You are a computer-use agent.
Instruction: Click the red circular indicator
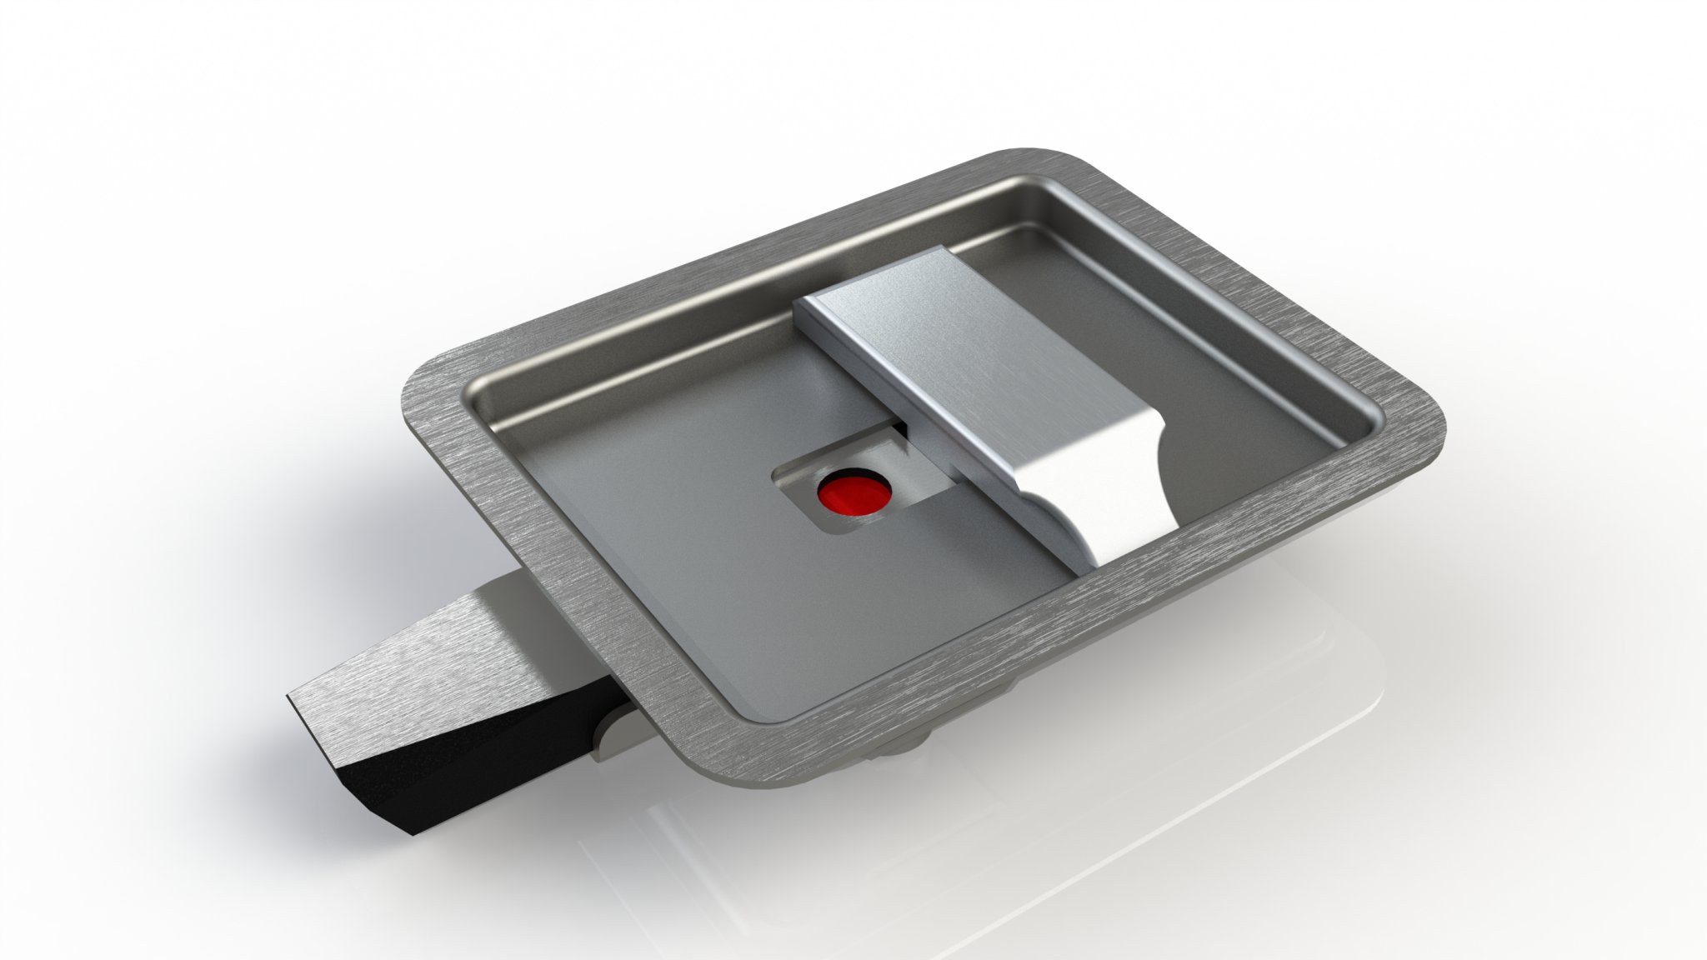point(854,494)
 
